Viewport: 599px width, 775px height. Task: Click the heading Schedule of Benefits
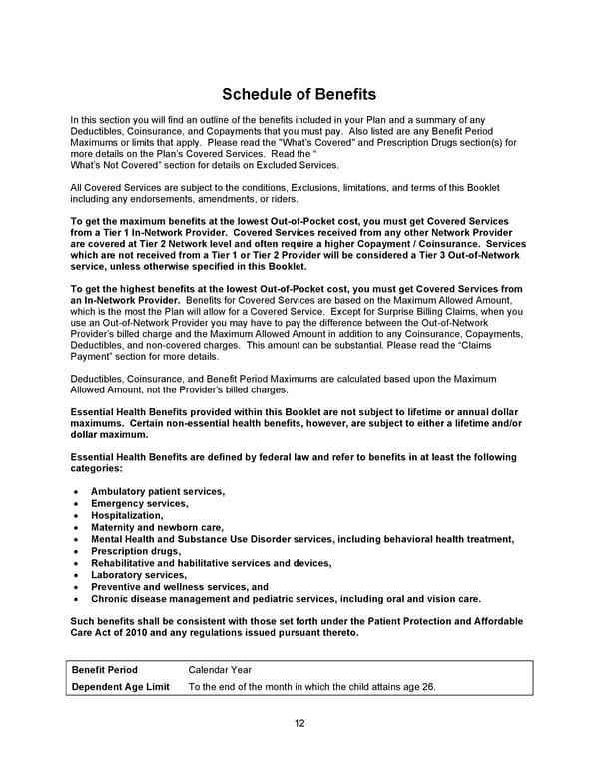coord(299,94)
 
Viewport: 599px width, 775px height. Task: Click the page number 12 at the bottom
coord(299,723)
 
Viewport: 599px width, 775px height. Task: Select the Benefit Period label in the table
coord(104,669)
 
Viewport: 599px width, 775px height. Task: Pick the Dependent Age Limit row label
coord(120,686)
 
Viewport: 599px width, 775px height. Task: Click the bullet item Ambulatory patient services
coord(157,491)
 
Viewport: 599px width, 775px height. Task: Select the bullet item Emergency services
coord(139,503)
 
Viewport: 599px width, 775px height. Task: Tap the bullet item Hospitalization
coord(126,515)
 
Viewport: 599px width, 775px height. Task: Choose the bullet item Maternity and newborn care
coord(157,527)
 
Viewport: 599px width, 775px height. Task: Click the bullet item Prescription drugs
coord(135,551)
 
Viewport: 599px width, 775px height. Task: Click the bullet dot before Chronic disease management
coord(77,599)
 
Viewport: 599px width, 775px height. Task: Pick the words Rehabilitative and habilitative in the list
coord(168,563)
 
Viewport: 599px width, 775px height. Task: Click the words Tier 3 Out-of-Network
coord(463,255)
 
